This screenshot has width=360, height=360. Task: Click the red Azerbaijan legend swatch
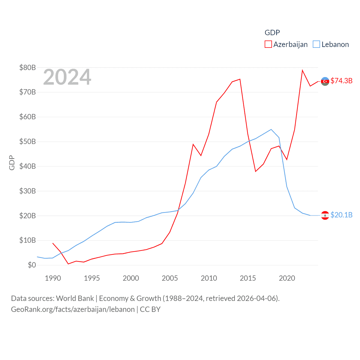[x=268, y=44]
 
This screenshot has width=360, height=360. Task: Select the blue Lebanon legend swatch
[x=316, y=44]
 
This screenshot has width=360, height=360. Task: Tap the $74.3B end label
[x=341, y=81]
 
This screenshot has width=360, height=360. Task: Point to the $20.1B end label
[x=341, y=215]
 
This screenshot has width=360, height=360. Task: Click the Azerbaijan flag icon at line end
[x=325, y=81]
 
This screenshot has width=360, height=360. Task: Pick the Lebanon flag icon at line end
[x=325, y=215]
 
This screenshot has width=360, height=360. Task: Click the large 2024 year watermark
[x=67, y=77]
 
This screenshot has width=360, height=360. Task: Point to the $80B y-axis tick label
[x=28, y=67]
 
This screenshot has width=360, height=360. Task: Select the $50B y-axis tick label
[x=28, y=141]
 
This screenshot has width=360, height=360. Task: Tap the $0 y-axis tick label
[x=32, y=265]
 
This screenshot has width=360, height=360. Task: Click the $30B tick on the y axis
[x=28, y=191]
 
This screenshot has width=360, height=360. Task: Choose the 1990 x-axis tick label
[x=53, y=278]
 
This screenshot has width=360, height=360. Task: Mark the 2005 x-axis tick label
[x=170, y=278]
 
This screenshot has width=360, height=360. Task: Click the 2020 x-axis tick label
[x=287, y=278]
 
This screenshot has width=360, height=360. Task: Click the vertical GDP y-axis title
[x=12, y=163]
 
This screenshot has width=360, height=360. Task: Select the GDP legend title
[x=272, y=33]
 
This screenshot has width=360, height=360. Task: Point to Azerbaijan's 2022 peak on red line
[x=302, y=70]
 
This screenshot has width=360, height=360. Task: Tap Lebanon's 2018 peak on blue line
[x=271, y=129]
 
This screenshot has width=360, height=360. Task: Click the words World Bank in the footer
[x=75, y=298]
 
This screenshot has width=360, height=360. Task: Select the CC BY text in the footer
[x=150, y=309]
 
